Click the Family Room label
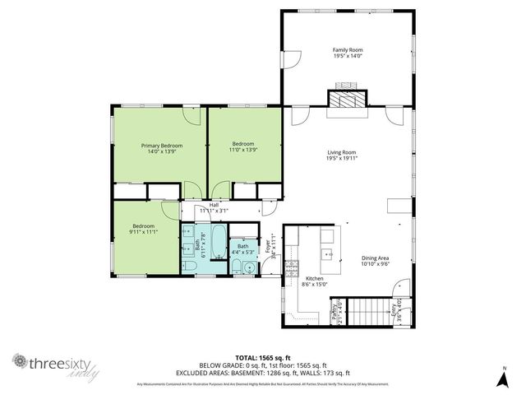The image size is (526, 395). click(x=348, y=50)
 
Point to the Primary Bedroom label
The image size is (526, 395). click(x=161, y=146)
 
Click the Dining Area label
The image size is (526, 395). click(x=375, y=258)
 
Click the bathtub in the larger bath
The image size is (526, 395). click(x=217, y=244)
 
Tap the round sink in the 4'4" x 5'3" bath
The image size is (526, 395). click(x=250, y=267)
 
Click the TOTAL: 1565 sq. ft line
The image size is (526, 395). click(x=262, y=357)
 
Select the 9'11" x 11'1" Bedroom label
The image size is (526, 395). click(x=145, y=229)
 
